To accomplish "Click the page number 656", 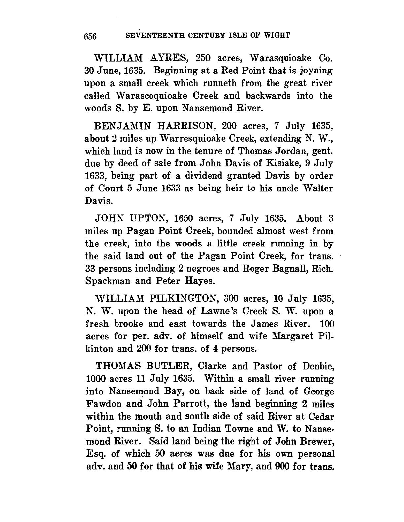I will tap(90, 36).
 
